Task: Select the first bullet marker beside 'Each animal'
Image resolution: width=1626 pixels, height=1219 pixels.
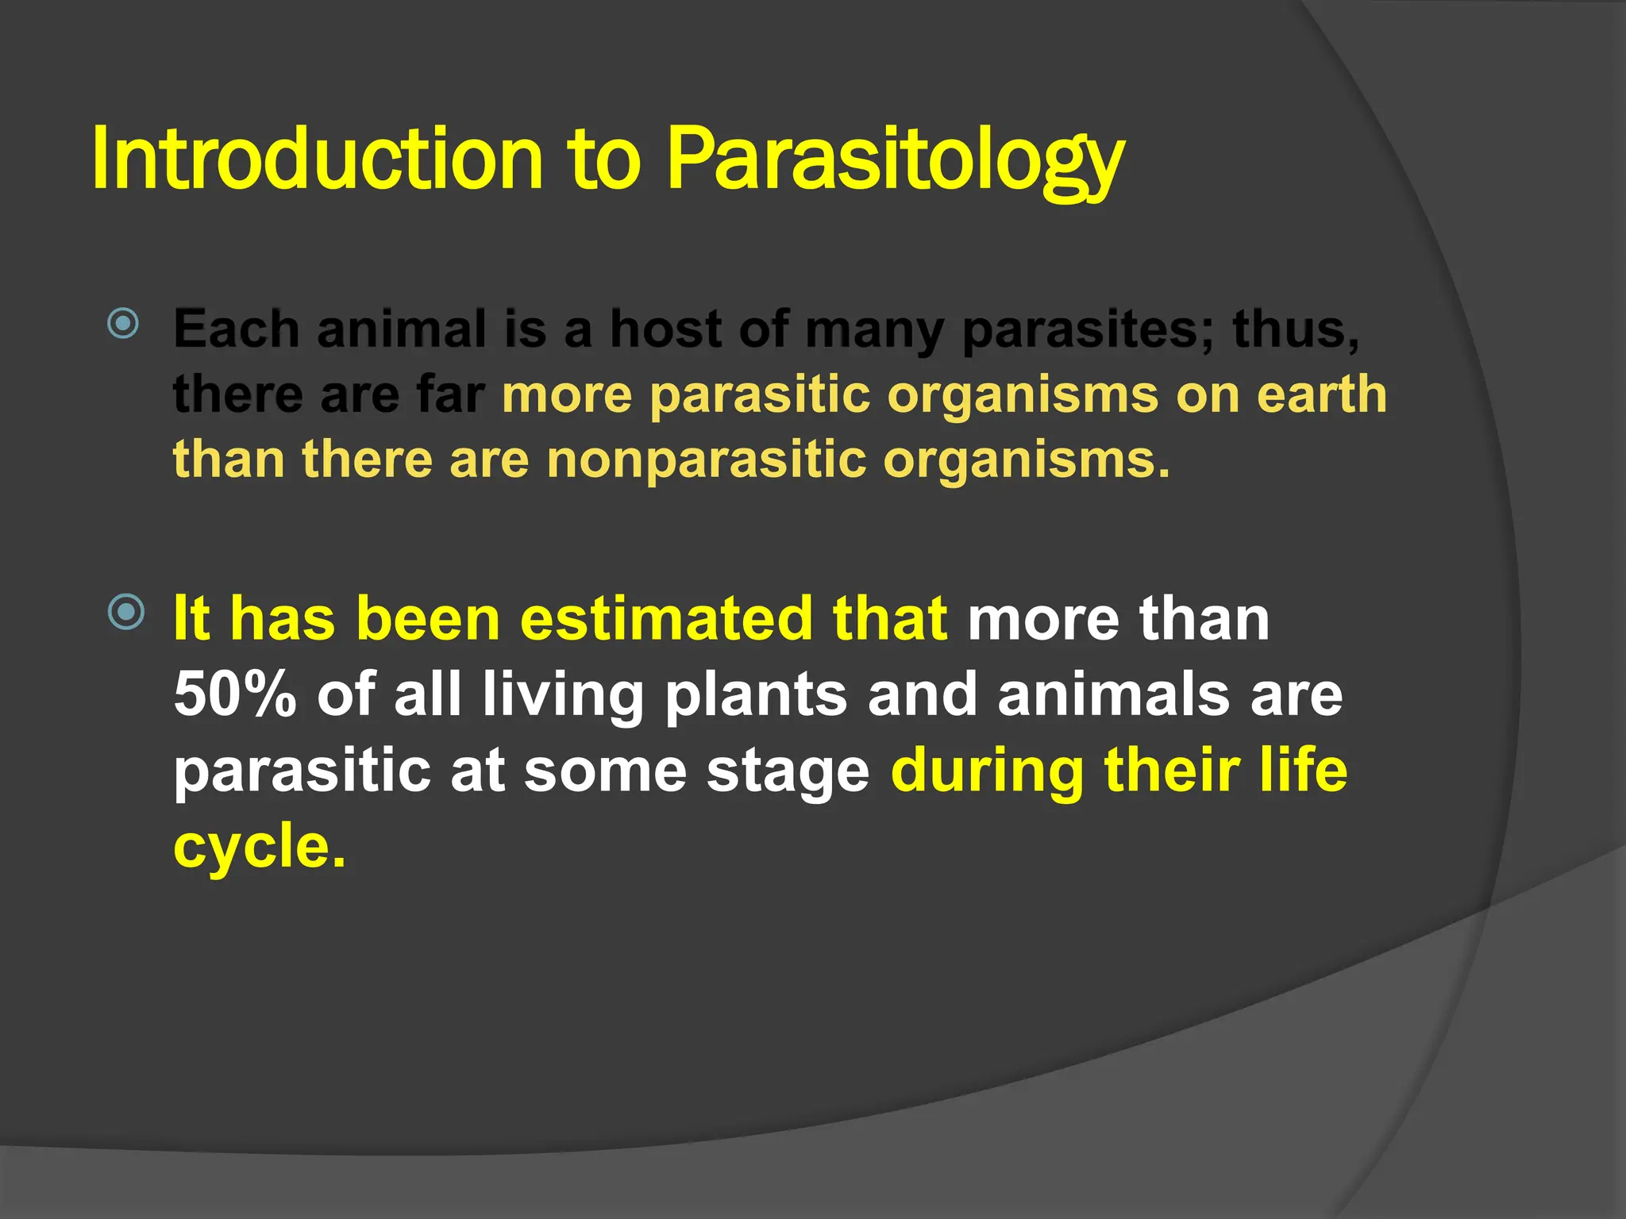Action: tap(124, 323)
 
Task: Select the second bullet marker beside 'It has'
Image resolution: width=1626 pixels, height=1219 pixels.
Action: tap(126, 612)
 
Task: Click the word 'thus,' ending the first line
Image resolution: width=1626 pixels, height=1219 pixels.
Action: tap(1296, 329)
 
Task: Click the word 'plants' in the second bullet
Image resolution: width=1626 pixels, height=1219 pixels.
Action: tap(756, 694)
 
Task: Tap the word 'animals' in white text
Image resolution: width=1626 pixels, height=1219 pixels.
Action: tap(1113, 694)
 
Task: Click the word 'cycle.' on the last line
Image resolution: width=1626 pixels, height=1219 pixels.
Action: tap(260, 846)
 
